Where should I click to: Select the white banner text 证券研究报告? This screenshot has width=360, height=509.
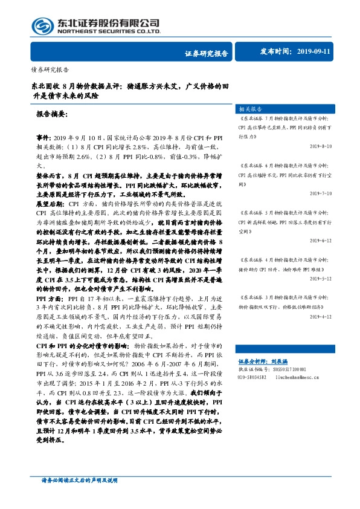click(x=205, y=53)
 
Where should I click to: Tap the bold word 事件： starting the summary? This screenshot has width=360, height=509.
click(x=45, y=138)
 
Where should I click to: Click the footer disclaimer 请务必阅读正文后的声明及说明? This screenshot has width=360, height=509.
click(x=79, y=496)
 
